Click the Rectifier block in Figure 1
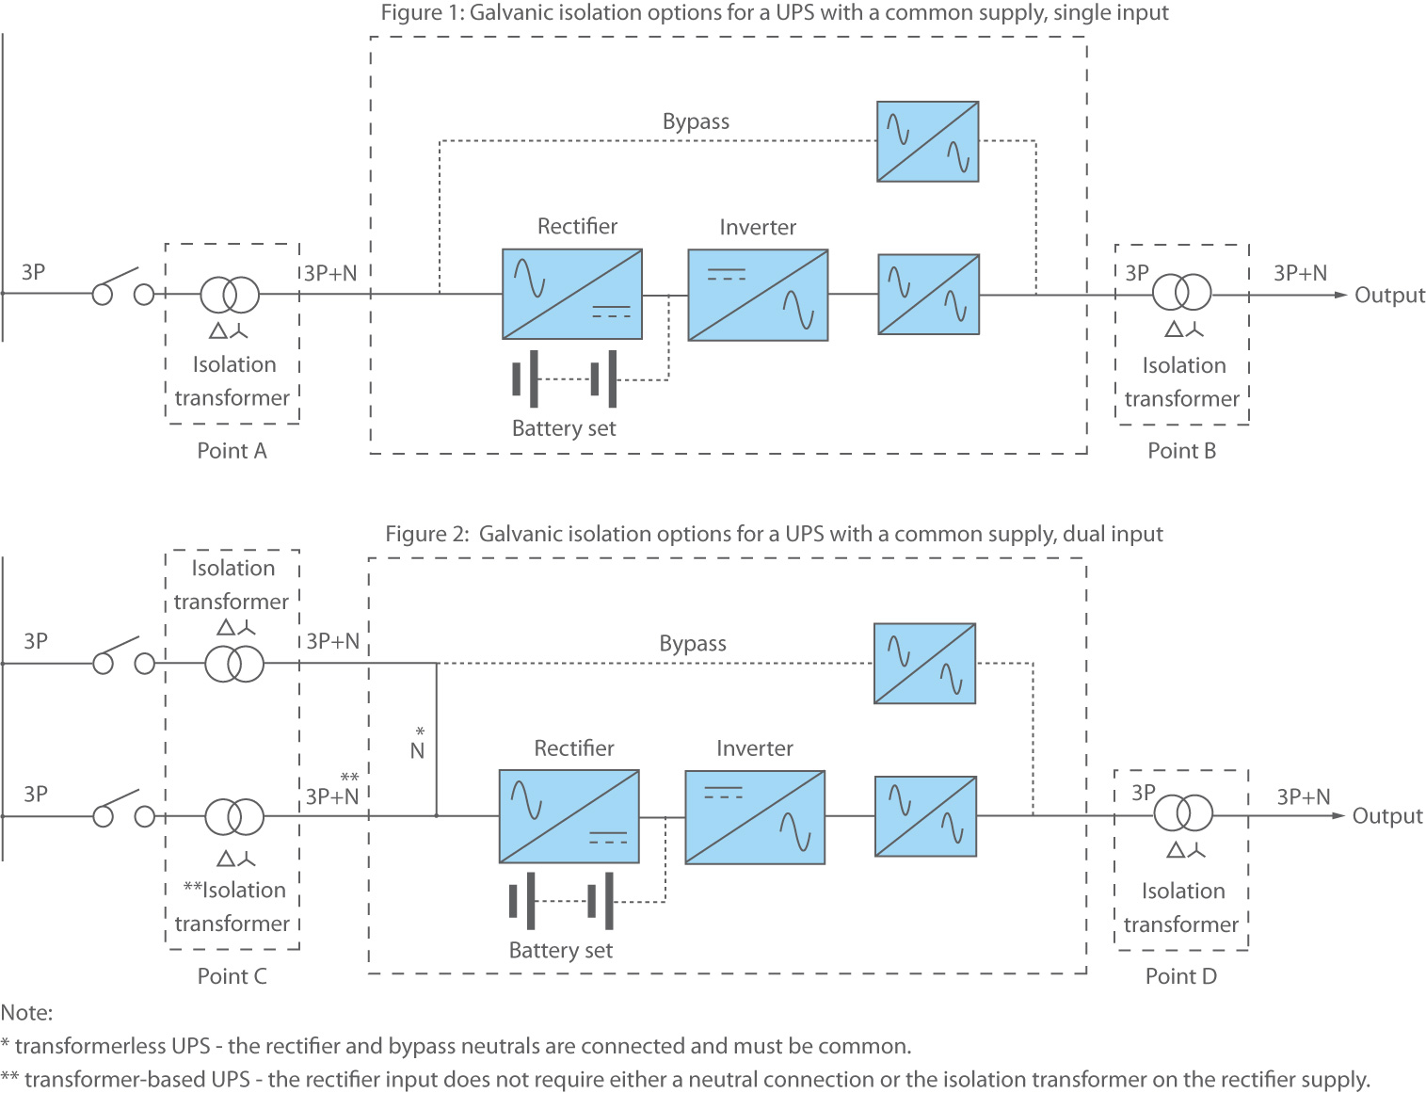click(572, 294)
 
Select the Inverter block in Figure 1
click(758, 295)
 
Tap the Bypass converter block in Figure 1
click(928, 141)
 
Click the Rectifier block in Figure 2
click(569, 816)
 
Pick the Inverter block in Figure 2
click(755, 817)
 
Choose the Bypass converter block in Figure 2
click(924, 663)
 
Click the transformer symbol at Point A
click(230, 295)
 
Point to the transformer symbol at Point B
click(1182, 292)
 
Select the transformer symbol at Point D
click(1184, 812)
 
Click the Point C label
click(232, 976)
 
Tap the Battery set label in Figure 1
click(564, 428)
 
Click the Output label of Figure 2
click(1387, 816)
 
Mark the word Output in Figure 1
click(1389, 296)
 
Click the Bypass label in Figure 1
click(696, 121)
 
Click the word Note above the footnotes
click(26, 1013)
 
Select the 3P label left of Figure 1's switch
click(34, 272)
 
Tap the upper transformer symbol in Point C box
click(234, 664)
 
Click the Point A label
click(232, 451)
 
